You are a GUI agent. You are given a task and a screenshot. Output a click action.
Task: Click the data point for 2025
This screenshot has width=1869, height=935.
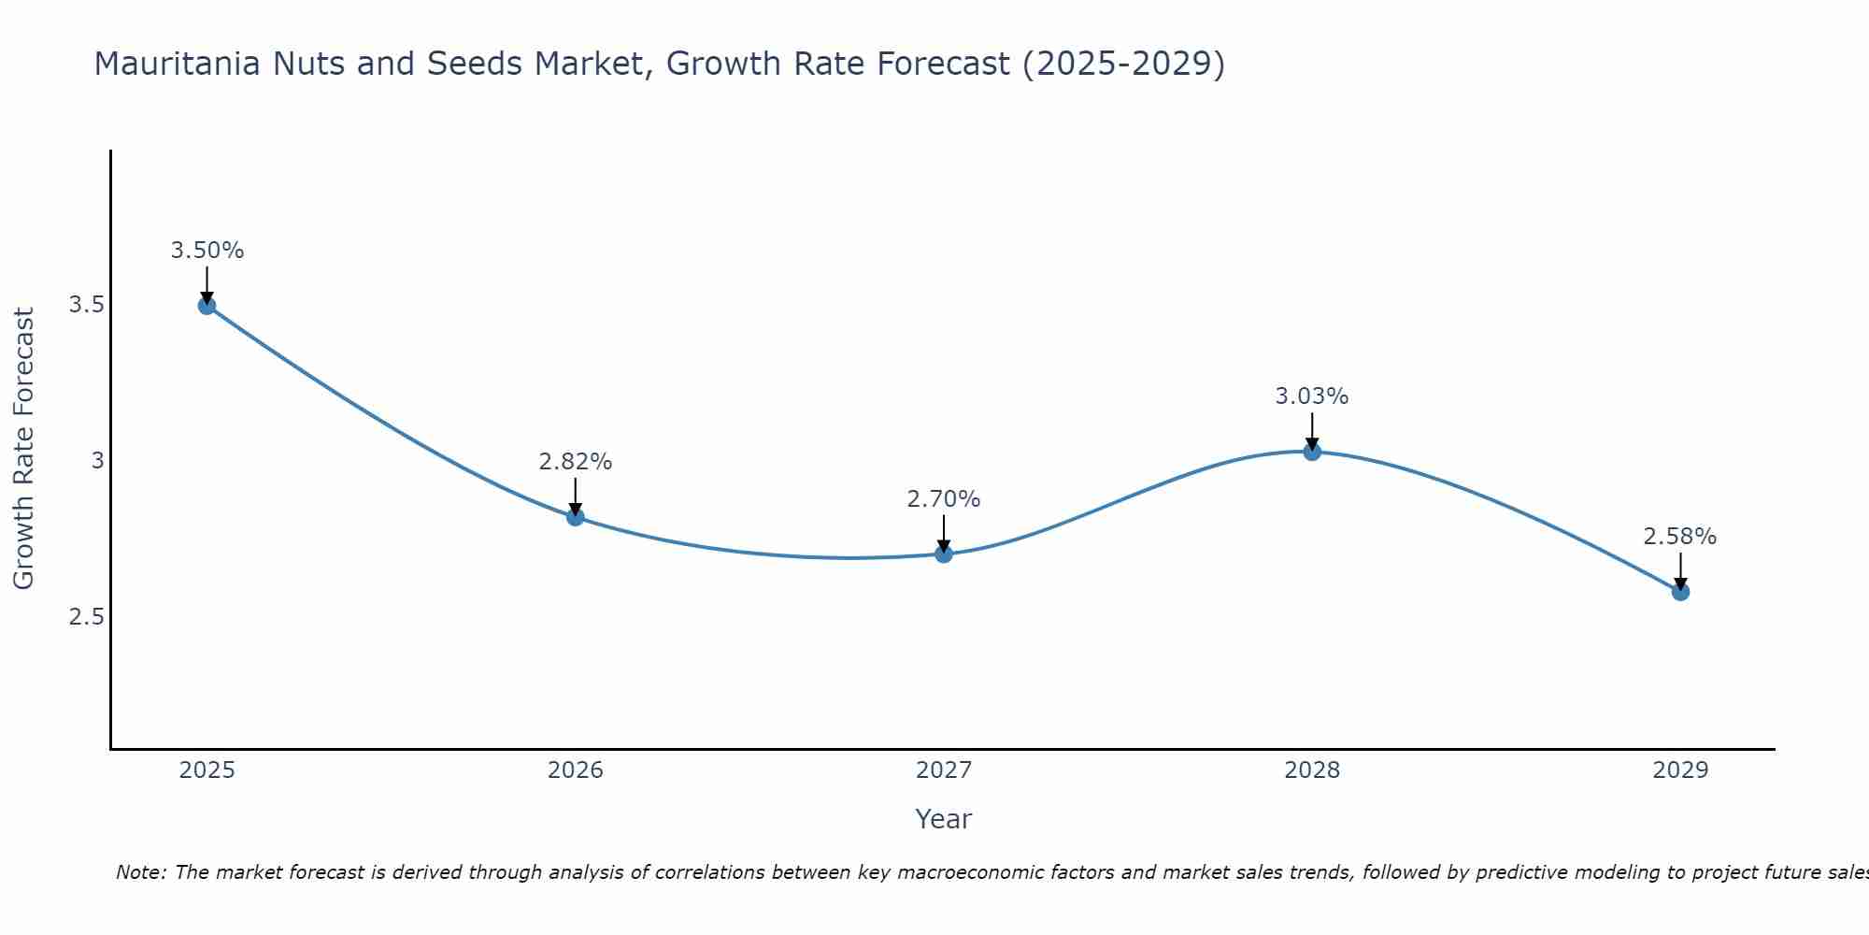(207, 305)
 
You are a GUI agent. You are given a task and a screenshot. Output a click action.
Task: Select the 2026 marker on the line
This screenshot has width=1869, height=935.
(576, 517)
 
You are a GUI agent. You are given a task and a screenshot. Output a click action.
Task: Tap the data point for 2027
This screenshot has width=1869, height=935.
(944, 554)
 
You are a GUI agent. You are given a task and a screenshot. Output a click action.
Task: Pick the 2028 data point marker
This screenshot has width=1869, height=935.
(1312, 452)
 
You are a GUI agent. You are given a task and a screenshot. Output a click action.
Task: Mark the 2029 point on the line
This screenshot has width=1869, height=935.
(1680, 592)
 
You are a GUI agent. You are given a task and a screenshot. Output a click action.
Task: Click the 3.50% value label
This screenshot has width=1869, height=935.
(207, 251)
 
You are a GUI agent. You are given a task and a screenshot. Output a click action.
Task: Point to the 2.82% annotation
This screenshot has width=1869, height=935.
(576, 462)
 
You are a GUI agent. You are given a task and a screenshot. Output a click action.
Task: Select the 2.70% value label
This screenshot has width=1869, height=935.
(944, 499)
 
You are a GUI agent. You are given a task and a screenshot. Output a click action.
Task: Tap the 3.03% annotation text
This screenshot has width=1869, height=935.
(1312, 396)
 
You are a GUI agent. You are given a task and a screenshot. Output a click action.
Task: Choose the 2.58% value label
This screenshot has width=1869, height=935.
(1680, 537)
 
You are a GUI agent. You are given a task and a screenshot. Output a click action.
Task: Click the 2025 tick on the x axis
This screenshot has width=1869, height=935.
(207, 770)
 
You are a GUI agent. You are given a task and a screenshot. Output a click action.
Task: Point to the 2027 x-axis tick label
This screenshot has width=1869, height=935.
(944, 770)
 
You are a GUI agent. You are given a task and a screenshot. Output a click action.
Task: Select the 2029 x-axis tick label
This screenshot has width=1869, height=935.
(1680, 770)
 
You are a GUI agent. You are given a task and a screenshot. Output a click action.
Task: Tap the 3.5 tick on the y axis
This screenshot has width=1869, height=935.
(86, 305)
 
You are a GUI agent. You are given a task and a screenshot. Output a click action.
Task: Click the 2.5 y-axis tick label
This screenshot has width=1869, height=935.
(86, 617)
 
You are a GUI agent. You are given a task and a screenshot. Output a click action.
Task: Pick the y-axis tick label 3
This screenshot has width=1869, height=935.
(97, 461)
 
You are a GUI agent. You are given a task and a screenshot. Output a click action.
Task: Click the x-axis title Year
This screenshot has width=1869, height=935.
(944, 819)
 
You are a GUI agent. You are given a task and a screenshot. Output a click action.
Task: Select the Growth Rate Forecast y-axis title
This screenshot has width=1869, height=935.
(24, 449)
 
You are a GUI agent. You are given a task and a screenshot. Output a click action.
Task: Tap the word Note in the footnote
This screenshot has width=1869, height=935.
(140, 872)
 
